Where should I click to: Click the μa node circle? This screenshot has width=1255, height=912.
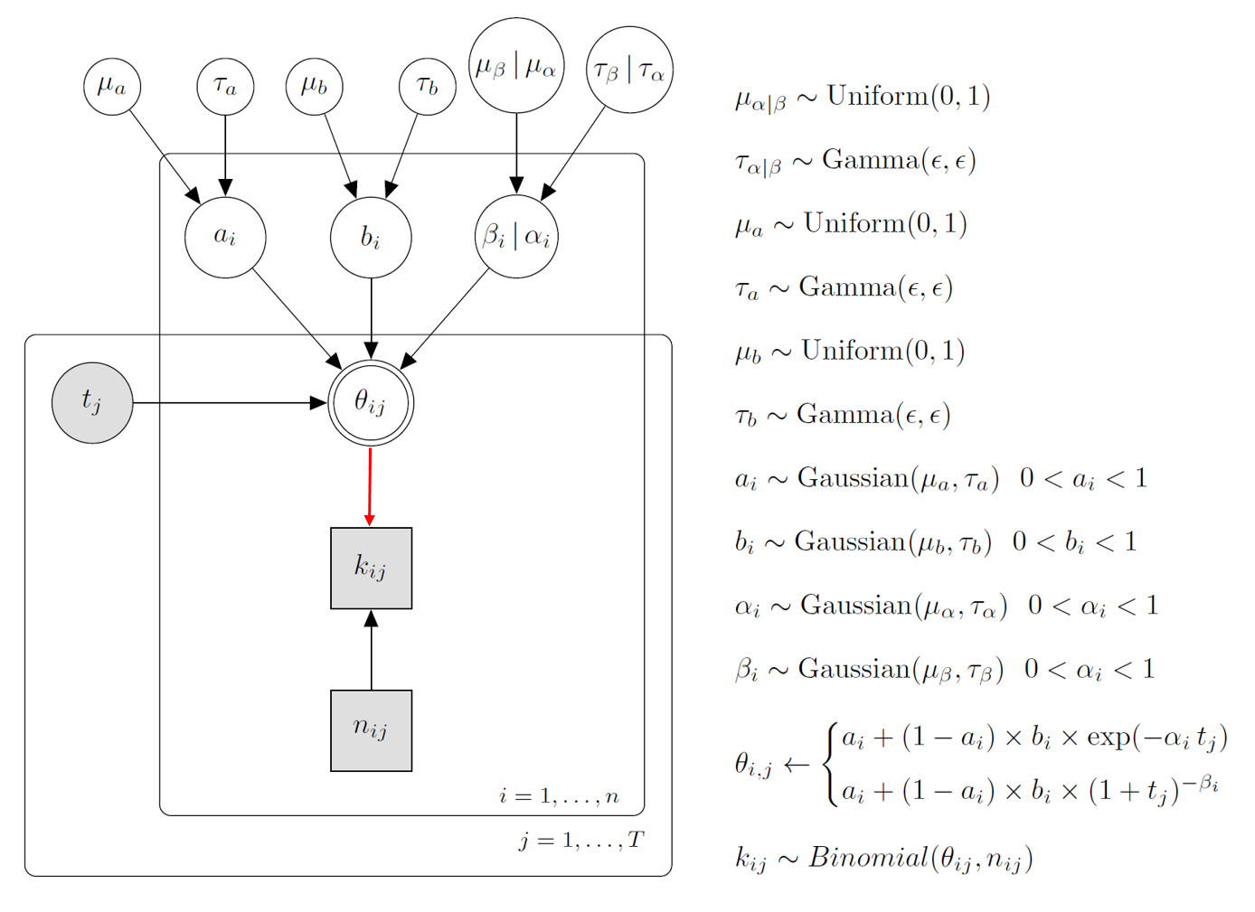click(x=112, y=87)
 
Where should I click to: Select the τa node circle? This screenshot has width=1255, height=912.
click(x=225, y=87)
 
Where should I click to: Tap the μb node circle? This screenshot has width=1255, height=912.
click(x=315, y=87)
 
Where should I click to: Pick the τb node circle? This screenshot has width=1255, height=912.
click(x=427, y=87)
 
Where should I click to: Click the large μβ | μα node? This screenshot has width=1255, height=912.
click(x=516, y=66)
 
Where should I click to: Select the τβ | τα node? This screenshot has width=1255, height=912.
click(x=629, y=71)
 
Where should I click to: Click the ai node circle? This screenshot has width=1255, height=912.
click(x=225, y=237)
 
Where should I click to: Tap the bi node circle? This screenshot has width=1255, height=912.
click(x=371, y=237)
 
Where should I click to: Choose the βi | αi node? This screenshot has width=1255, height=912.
click(x=516, y=237)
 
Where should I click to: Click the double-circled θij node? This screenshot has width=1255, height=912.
click(x=371, y=402)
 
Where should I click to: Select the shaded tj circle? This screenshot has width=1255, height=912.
click(x=92, y=402)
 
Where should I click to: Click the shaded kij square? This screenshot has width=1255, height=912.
click(x=371, y=568)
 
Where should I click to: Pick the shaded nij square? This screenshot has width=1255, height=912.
click(x=371, y=730)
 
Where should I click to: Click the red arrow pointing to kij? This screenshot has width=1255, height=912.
click(x=370, y=486)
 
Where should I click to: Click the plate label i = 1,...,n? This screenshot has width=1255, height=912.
click(x=559, y=796)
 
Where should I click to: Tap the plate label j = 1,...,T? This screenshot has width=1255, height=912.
click(x=580, y=841)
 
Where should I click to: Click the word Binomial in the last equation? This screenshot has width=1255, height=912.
click(x=867, y=857)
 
